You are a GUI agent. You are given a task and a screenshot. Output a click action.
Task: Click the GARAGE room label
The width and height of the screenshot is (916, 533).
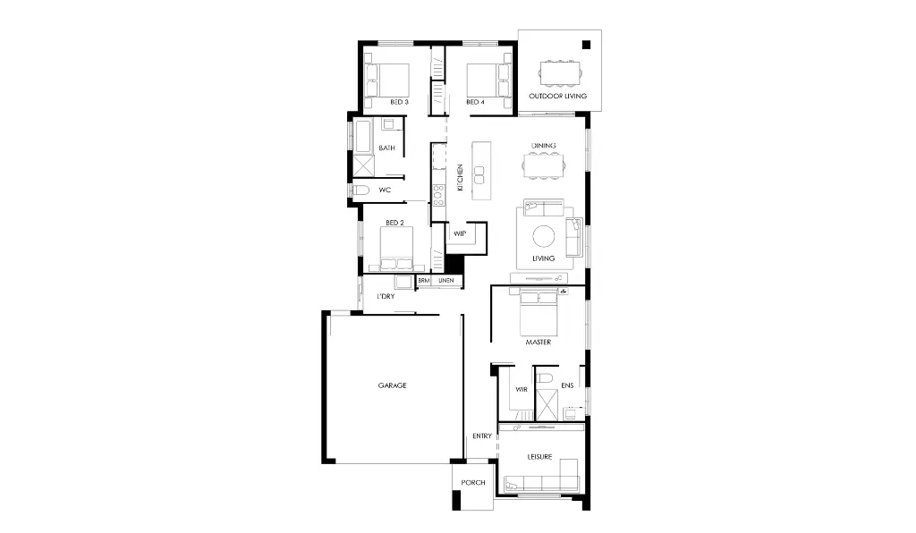pyautogui.click(x=392, y=385)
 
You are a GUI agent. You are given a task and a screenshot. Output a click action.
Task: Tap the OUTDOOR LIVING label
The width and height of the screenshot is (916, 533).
pyautogui.click(x=557, y=96)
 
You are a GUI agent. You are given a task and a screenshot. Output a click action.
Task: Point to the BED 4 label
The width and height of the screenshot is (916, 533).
pyautogui.click(x=475, y=102)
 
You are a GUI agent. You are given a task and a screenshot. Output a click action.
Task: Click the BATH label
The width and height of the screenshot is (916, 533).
pyautogui.click(x=386, y=148)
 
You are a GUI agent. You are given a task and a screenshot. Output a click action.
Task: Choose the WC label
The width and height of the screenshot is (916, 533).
pyautogui.click(x=385, y=190)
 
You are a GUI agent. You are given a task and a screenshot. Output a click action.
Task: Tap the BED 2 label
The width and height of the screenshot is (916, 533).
pyautogui.click(x=395, y=222)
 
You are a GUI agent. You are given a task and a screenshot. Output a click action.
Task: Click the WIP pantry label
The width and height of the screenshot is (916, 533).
pyautogui.click(x=460, y=233)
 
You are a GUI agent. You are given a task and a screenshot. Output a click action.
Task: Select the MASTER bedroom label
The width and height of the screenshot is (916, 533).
pyautogui.click(x=538, y=343)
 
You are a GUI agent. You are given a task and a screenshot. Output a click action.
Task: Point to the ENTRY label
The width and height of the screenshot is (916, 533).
pyautogui.click(x=481, y=436)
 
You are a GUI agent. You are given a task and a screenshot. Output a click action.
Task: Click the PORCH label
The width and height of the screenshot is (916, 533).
pyautogui.click(x=473, y=483)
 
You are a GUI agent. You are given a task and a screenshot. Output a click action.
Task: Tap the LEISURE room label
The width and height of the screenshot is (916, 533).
pyautogui.click(x=539, y=457)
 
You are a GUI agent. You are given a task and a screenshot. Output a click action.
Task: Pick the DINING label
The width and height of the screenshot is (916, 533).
pyautogui.click(x=544, y=145)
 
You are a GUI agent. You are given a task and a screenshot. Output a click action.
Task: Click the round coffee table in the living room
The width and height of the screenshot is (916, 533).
pyautogui.click(x=544, y=236)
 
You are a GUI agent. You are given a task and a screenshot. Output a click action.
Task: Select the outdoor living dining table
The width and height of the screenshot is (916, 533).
pyautogui.click(x=558, y=72)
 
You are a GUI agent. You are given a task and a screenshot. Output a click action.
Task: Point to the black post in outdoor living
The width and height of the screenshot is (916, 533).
pyautogui.click(x=587, y=45)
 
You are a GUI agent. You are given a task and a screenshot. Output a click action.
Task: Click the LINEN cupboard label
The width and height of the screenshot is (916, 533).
pyautogui.click(x=445, y=281)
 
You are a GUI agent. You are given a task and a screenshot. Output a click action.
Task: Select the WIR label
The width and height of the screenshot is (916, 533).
pyautogui.click(x=522, y=390)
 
